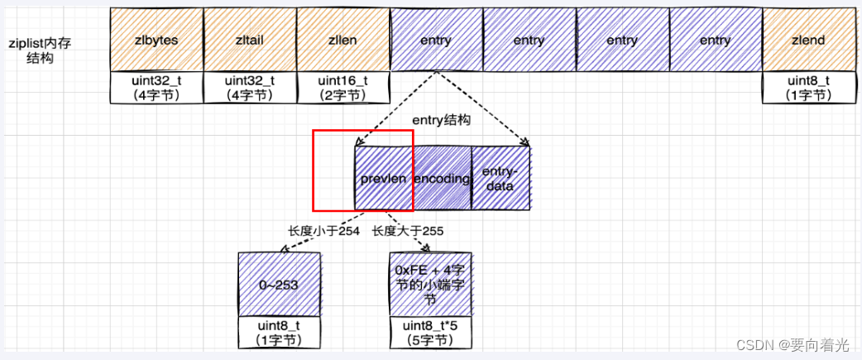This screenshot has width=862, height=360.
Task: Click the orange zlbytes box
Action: click(x=156, y=40)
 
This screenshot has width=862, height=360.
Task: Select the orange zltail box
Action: click(x=249, y=40)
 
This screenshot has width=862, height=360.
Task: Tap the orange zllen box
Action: click(x=342, y=40)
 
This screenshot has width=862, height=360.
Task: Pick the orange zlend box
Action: click(x=807, y=40)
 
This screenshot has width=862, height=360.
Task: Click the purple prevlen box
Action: click(x=384, y=179)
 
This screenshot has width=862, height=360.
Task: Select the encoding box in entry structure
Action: click(x=443, y=179)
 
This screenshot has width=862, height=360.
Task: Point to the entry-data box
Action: click(x=500, y=179)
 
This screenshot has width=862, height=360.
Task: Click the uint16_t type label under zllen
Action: click(x=342, y=88)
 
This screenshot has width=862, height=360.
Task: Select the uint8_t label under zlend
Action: click(x=807, y=88)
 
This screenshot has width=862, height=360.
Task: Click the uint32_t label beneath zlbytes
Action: click(x=156, y=88)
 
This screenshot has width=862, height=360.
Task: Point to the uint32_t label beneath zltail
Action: click(x=249, y=88)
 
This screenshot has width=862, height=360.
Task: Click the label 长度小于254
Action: click(x=323, y=231)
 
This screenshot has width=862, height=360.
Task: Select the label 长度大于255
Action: click(x=408, y=231)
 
